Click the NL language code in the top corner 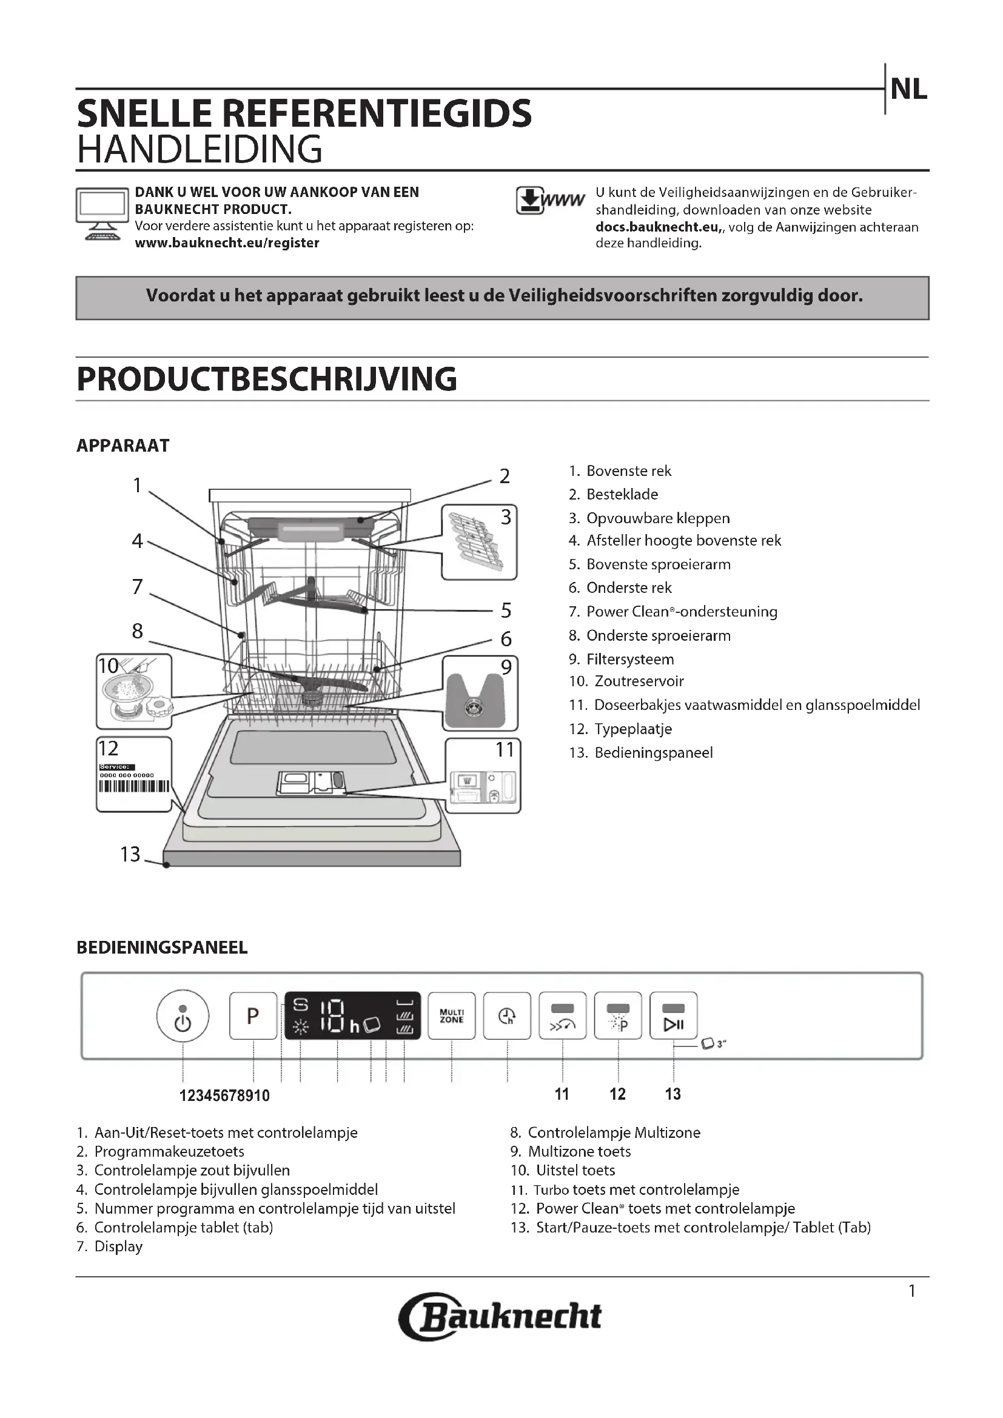click(x=908, y=90)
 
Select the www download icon click(x=549, y=201)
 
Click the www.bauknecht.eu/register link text click(x=227, y=243)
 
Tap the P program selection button click(x=253, y=1016)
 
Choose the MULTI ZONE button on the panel click(x=452, y=1016)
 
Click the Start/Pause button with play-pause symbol click(x=673, y=1016)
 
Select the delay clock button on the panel click(x=507, y=1016)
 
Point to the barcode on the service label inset click(x=134, y=786)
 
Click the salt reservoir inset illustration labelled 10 click(x=134, y=691)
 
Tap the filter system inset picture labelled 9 click(x=480, y=693)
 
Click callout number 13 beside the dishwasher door click(x=130, y=854)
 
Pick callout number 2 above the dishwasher click(x=505, y=476)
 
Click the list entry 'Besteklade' click(x=622, y=495)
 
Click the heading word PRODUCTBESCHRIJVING click(x=267, y=379)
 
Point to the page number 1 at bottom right click(x=912, y=1291)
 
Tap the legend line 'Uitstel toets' click(x=575, y=1170)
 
